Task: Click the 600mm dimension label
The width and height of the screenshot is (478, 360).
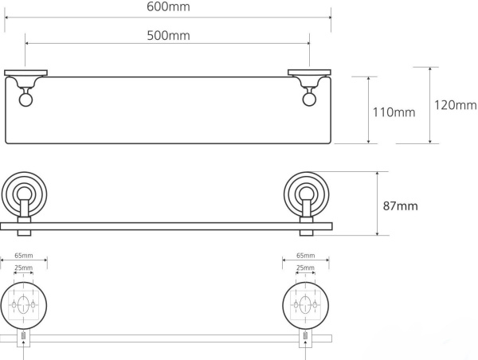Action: point(168,7)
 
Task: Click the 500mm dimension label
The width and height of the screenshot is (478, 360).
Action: point(168,35)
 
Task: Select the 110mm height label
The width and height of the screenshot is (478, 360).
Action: point(394,112)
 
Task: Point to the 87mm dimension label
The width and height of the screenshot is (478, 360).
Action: point(400,205)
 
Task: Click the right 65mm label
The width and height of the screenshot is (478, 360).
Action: point(304,256)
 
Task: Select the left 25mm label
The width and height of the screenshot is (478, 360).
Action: point(23,268)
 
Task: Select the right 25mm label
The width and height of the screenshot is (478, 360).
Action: point(304,268)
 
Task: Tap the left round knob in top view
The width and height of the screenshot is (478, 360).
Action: point(24,100)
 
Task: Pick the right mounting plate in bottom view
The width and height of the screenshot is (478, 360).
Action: point(304,304)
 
